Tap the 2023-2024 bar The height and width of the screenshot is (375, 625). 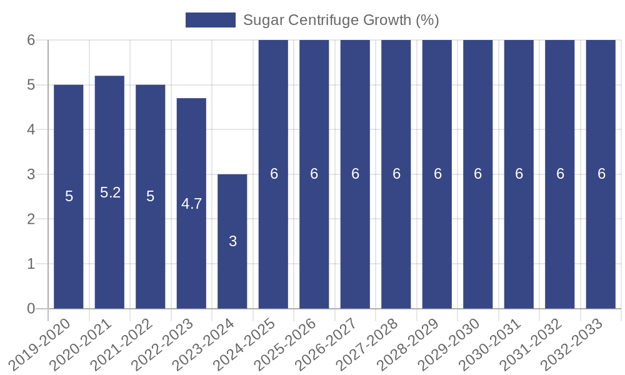coord(232,275)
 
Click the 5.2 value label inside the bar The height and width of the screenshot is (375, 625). coord(110,192)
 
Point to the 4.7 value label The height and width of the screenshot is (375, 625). coord(191,204)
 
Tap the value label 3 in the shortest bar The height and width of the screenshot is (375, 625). coord(232,241)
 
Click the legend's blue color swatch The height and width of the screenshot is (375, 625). coord(210,20)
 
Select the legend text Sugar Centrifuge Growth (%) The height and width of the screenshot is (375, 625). coord(341,20)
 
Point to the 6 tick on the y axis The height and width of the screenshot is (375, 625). coord(31,40)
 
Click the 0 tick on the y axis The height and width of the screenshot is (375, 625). coord(31,309)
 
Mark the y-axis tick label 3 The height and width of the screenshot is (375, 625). coord(31,174)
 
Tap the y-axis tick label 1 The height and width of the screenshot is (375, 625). coord(31,264)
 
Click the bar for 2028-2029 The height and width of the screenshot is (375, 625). coord(437,237)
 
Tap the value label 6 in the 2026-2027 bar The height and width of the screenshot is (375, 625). coord(355,174)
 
